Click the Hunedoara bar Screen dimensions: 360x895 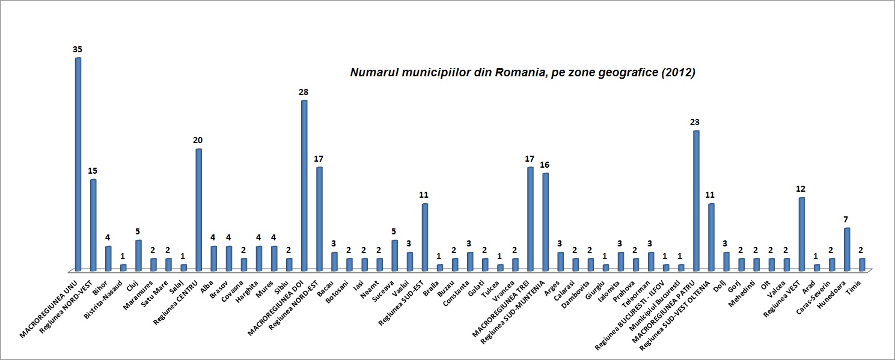coord(847,249)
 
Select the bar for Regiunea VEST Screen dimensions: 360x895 coord(802,234)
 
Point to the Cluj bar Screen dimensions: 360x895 coord(138,255)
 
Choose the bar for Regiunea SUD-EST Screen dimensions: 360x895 coord(424,237)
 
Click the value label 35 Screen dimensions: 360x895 coord(78,50)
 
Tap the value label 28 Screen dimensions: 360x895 coord(304,92)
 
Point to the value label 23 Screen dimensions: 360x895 coord(695,123)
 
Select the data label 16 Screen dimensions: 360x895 coord(545,165)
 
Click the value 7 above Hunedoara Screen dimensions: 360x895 coord(846,219)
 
